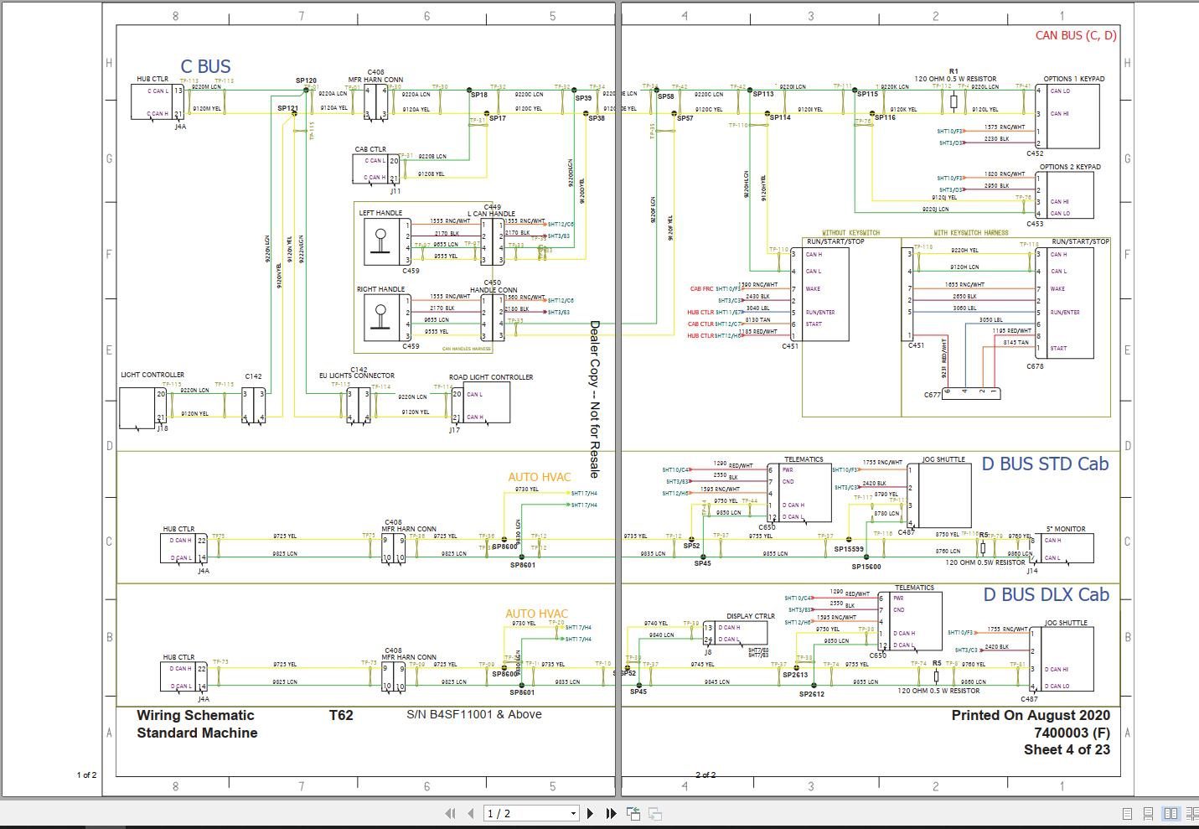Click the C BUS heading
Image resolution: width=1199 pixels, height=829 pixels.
(205, 66)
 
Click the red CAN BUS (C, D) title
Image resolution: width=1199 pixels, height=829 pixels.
(1076, 35)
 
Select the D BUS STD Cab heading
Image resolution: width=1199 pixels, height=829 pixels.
(1044, 464)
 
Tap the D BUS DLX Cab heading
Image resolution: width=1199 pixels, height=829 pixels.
(1046, 595)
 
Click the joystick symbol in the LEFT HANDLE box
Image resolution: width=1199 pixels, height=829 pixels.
(380, 241)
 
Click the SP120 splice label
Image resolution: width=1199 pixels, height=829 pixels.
(306, 80)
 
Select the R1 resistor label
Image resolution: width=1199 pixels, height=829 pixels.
(954, 71)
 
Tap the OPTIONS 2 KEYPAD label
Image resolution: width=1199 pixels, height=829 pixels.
(1070, 167)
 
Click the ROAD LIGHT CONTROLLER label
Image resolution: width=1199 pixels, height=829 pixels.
(491, 377)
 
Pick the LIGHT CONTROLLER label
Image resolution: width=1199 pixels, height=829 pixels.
(152, 375)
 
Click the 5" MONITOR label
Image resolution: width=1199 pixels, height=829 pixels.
(1065, 529)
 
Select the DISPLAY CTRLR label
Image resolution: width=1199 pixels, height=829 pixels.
(750, 616)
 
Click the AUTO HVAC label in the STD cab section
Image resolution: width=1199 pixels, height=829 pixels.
(539, 477)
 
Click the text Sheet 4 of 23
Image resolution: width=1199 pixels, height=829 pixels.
(1066, 749)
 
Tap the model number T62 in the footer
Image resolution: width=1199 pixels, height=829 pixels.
(341, 715)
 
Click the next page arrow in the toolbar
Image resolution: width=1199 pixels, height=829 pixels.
(590, 813)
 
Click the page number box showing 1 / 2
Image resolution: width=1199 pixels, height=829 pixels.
(531, 813)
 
